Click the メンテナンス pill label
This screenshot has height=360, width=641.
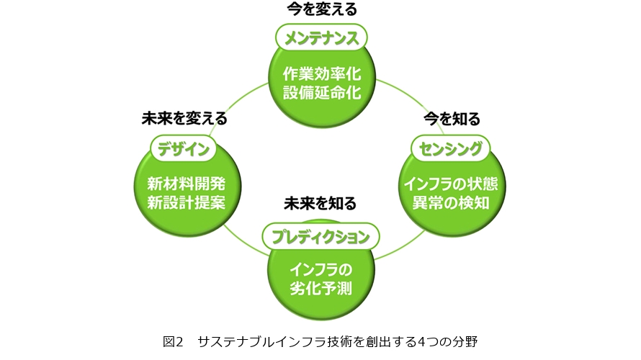pyautogui.click(x=321, y=37)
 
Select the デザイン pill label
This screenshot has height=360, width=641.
pyautogui.click(x=184, y=148)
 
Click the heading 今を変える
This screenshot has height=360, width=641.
pyautogui.click(x=321, y=9)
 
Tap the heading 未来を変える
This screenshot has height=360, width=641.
pyautogui.click(x=184, y=119)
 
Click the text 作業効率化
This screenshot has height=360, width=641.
pyautogui.click(x=321, y=74)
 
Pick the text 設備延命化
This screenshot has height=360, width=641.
pyautogui.click(x=321, y=94)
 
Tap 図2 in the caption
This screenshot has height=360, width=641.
pyautogui.click(x=174, y=341)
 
